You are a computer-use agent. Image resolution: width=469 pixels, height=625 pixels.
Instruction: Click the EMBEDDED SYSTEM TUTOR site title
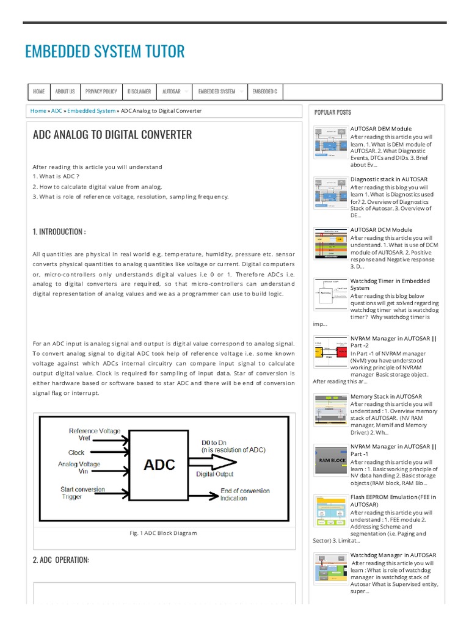point(104,51)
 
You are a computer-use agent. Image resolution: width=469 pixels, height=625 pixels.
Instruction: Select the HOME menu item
point(39,92)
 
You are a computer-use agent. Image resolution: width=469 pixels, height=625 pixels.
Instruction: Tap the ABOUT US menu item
point(65,92)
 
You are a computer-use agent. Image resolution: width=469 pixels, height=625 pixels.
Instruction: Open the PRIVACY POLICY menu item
point(101,92)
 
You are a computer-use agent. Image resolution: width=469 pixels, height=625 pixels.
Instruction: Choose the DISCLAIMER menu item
point(139,92)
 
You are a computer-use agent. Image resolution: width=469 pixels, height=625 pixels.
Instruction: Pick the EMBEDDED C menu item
point(264,92)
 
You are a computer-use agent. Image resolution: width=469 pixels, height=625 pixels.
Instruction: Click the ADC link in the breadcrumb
point(57,111)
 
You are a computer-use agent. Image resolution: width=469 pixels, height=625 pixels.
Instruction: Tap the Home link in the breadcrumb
point(38,111)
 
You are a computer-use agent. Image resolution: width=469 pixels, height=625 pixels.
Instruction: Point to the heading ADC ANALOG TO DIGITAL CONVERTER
point(112,135)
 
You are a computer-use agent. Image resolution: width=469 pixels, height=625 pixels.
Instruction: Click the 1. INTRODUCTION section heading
point(59,232)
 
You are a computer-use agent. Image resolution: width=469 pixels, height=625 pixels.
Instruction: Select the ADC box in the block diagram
point(159,465)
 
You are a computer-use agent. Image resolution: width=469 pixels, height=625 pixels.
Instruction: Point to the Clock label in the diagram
point(76,453)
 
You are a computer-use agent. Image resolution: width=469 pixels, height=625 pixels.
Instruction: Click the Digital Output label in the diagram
point(214,473)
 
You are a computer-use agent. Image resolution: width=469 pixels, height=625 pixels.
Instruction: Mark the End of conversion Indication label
point(244,494)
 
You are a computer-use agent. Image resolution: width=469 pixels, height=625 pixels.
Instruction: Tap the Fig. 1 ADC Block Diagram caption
point(163,533)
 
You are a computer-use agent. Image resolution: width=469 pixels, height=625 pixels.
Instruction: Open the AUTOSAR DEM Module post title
point(380,129)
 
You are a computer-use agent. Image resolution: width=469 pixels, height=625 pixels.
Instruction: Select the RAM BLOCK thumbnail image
point(330,460)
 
